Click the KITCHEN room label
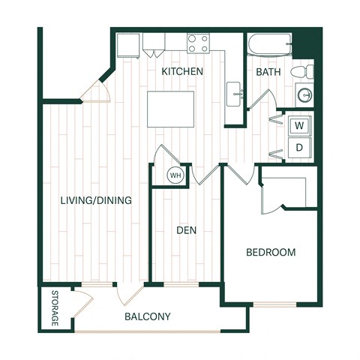tap(182, 71)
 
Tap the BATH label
tap(268, 72)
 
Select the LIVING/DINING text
tap(96, 200)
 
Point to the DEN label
tap(187, 230)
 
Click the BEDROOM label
tap(271, 252)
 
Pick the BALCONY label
tap(148, 316)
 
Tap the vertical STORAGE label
tap(55, 308)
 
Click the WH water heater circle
tap(175, 175)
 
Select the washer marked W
tap(299, 125)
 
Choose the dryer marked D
tap(299, 148)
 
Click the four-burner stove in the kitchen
tap(198, 43)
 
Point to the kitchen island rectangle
tap(171, 109)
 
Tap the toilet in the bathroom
tap(302, 71)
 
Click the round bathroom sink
tap(305, 95)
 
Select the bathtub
tap(269, 44)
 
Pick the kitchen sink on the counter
tap(234, 94)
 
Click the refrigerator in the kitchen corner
tap(128, 46)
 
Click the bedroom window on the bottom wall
tap(274, 304)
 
